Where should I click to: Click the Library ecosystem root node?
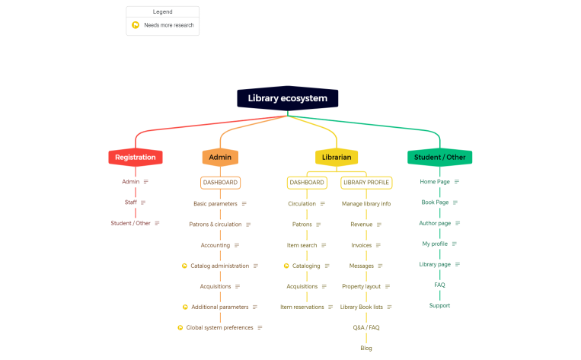tap(287, 98)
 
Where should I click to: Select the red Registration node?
tap(136, 158)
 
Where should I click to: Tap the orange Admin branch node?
tap(220, 158)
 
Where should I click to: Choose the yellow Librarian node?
tap(337, 158)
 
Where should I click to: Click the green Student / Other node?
tap(439, 158)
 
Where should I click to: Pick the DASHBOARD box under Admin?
tap(220, 183)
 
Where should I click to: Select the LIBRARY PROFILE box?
tap(366, 183)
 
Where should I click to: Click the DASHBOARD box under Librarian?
tap(307, 183)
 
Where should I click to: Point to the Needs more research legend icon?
tap(136, 25)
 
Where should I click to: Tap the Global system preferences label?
tap(219, 327)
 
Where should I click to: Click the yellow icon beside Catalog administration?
tap(184, 266)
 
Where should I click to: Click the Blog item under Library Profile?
tap(366, 348)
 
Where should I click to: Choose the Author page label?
tap(435, 223)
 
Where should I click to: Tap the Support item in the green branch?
tap(439, 305)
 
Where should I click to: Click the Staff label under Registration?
tap(131, 202)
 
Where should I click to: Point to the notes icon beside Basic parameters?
tap(244, 204)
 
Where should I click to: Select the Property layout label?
tap(361, 286)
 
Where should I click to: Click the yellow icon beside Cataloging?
tap(286, 266)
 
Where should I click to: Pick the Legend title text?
tap(162, 12)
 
